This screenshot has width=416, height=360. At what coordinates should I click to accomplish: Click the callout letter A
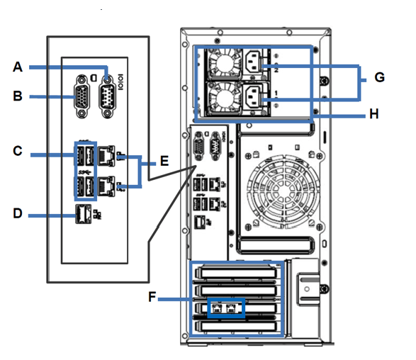[18, 67]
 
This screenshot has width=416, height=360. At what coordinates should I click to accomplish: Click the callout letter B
[18, 96]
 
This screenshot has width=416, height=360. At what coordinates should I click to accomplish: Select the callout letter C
[18, 151]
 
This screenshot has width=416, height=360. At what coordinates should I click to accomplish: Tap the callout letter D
[18, 213]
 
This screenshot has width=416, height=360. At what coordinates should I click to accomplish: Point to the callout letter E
[164, 161]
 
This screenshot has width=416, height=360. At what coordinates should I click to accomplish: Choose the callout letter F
[152, 297]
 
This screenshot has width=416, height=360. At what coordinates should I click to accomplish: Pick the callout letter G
[379, 77]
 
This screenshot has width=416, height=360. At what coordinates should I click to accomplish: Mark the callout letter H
[373, 114]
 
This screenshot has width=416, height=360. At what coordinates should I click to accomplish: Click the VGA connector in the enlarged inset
[82, 96]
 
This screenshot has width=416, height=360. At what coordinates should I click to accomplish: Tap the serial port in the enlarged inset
[107, 96]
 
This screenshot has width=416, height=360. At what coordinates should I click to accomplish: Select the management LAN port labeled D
[84, 214]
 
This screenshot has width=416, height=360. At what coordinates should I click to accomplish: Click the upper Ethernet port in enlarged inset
[106, 156]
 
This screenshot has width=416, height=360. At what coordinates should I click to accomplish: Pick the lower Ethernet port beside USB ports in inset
[106, 186]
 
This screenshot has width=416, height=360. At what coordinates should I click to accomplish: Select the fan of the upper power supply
[225, 64]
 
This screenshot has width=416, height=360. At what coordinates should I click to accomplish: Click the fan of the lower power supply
[225, 99]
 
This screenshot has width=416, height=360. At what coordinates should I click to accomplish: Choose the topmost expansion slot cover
[236, 273]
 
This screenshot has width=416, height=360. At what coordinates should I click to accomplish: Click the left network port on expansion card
[217, 308]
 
